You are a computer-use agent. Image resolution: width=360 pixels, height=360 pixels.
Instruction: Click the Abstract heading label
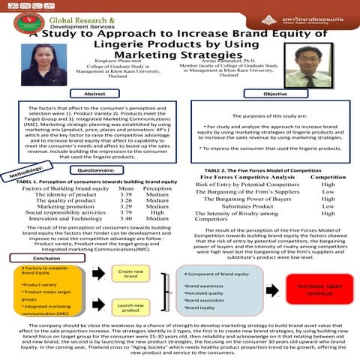(95, 93)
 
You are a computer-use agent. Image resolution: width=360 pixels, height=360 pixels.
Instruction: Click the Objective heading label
(275, 93)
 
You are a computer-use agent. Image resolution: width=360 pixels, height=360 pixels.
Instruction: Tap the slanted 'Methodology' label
(26, 175)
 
